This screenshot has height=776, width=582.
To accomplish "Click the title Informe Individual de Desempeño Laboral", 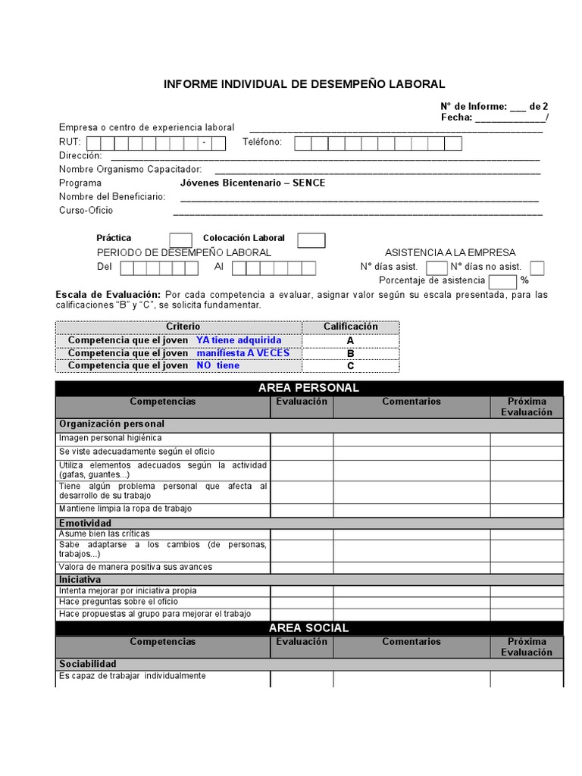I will [x=305, y=84].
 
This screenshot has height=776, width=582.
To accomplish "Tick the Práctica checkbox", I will [x=180, y=240].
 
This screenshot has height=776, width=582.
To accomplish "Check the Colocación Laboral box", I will [x=311, y=240].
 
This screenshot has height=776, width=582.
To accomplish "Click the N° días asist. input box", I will [x=436, y=268].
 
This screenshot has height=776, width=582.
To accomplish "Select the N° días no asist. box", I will [x=537, y=268].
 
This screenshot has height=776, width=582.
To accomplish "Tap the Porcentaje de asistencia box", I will [x=502, y=282].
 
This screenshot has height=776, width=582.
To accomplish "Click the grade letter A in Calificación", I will [x=350, y=340].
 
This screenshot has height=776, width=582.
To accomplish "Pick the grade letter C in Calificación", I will [x=350, y=366].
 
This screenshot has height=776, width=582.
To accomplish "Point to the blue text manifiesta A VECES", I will [x=243, y=353].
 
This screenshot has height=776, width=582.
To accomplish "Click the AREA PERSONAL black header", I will [x=309, y=388].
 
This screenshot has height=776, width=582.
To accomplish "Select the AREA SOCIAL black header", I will [x=309, y=628].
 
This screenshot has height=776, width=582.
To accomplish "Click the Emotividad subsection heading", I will [x=86, y=523].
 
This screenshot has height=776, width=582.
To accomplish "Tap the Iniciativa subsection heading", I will [x=81, y=579].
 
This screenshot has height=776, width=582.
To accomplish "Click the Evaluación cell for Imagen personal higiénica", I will [x=302, y=439].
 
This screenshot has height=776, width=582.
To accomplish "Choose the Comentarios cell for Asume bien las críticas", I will [x=411, y=534].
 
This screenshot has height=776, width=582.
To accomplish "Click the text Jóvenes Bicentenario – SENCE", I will [x=252, y=183].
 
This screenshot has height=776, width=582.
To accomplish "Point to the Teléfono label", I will [x=262, y=142].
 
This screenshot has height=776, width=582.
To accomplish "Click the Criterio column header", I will [x=178, y=327].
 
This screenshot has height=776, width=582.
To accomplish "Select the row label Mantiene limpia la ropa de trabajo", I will [x=126, y=508].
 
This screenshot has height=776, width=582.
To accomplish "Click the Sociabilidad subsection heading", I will [x=88, y=664].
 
